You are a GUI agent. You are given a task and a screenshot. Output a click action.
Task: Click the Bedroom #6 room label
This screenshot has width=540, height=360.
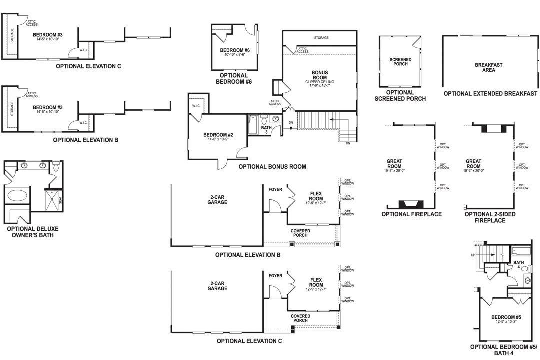coord(234,51)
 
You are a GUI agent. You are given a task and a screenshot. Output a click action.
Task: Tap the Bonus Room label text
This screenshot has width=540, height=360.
coord(319,75)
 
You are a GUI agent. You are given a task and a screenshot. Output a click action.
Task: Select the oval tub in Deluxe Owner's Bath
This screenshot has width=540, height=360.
coord(17,195)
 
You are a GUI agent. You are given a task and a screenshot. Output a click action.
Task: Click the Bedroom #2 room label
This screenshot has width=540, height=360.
coord(218,135)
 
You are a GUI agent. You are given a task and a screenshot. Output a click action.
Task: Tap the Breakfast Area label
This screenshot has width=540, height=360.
coord(488,67)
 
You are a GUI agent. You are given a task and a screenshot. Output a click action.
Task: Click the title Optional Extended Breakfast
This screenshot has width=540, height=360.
coord(490,94)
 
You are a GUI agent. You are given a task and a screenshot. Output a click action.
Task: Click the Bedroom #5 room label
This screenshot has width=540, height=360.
coord(506,317)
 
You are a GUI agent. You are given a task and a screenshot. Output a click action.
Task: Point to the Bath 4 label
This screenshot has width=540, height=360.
coord(518,265)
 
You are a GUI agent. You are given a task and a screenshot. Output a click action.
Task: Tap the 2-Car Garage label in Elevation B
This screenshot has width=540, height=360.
coord(217,200)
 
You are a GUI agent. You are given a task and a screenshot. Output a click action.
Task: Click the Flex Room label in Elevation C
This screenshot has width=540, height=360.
coord(316,282)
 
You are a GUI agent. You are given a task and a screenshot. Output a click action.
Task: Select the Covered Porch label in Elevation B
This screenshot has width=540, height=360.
coord(300,233)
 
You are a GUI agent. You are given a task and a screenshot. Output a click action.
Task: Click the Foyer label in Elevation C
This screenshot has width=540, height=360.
coord(275,276)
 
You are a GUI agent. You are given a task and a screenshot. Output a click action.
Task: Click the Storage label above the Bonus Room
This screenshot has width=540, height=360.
coord(321,38)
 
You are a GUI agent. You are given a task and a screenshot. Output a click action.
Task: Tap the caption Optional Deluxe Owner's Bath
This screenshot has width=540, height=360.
coord(30,232)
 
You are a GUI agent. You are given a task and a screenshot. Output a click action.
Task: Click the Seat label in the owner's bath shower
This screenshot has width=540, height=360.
coord(60,200)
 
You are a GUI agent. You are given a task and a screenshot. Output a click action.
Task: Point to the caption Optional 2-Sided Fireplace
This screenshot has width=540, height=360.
coord(490,217)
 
